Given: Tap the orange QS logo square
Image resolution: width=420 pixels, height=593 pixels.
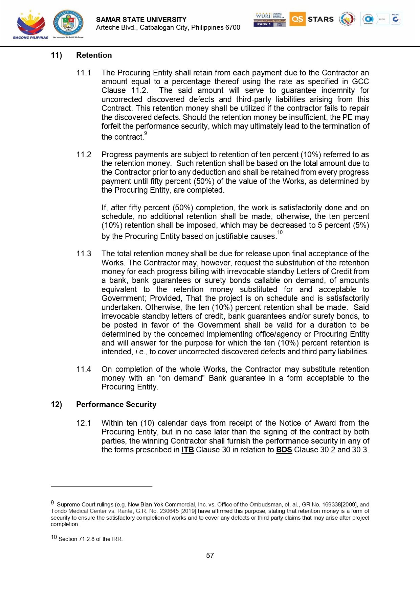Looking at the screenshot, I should [297, 19].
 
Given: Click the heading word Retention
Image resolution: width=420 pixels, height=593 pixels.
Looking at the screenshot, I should [94, 55].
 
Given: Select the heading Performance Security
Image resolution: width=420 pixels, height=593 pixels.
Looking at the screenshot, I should [116, 404].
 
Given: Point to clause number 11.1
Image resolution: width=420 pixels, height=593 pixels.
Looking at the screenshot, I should [84, 73].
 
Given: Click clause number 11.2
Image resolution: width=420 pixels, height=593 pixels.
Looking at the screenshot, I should [84, 155].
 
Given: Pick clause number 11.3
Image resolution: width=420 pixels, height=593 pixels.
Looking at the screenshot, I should [84, 254].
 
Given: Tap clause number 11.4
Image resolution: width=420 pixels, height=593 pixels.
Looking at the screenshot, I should [84, 369].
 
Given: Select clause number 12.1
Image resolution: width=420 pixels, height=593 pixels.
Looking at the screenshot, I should [84, 423].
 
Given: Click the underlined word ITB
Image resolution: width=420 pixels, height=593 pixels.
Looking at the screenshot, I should [187, 450].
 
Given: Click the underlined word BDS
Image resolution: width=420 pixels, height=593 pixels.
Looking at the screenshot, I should [284, 450].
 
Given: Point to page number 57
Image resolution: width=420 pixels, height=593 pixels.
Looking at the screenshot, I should [210, 555].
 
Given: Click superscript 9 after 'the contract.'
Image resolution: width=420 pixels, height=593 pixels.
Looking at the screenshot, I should [146, 134].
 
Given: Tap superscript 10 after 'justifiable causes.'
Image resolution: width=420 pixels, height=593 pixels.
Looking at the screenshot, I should [280, 232].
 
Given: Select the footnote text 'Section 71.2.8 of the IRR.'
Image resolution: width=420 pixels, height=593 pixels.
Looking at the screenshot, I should [90, 539].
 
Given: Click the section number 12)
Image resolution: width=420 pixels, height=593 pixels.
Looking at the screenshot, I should [56, 404].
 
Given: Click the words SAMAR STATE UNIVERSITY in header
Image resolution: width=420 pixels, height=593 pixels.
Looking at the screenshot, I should [141, 20].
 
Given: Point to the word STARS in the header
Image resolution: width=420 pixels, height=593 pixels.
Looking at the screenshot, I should [320, 19].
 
